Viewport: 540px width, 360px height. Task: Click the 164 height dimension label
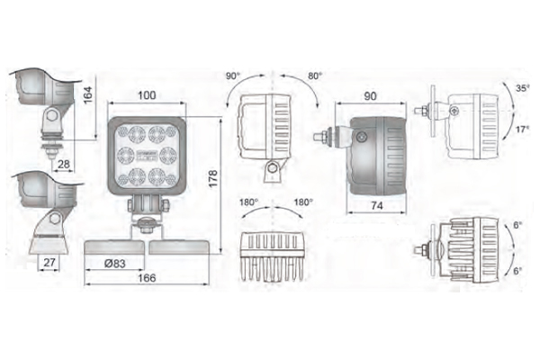(88, 94)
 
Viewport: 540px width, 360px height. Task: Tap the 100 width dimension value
(147, 95)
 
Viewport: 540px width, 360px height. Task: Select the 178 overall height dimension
(212, 178)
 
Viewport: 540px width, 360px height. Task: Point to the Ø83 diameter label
(114, 264)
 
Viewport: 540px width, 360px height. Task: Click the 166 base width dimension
(147, 278)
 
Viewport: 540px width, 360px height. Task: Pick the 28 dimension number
(64, 165)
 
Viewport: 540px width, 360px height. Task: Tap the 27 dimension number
(49, 263)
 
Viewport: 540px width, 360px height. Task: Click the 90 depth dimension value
(370, 96)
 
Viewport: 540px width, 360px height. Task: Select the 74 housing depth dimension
(377, 206)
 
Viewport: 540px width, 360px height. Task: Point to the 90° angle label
(233, 76)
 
